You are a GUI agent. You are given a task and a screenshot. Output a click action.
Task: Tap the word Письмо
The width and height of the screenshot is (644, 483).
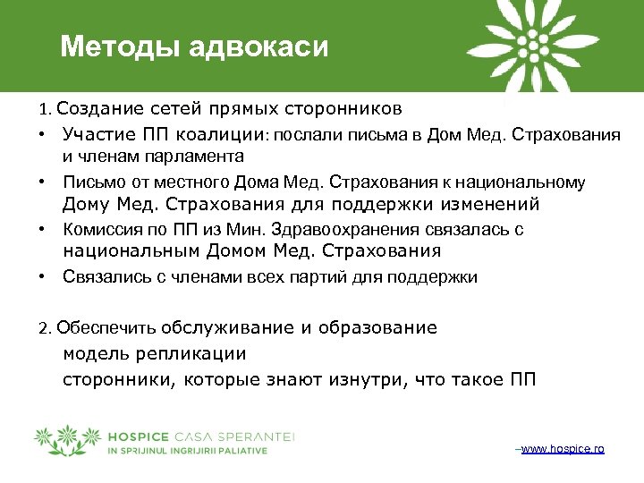point(88,182)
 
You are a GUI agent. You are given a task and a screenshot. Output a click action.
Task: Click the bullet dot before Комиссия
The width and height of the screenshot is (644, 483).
point(42,230)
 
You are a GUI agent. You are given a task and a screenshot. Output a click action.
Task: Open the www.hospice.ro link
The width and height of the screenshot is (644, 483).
point(562,447)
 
